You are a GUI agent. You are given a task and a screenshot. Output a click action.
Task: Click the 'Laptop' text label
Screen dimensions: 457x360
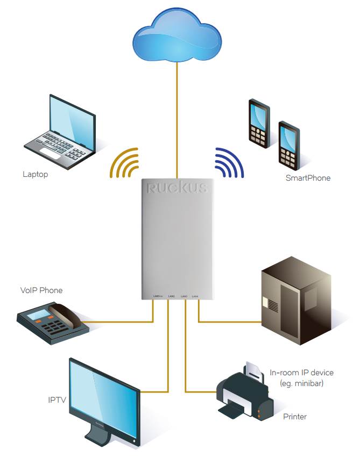point(36,174)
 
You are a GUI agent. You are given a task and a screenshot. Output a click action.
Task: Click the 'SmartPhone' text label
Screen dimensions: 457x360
point(308,178)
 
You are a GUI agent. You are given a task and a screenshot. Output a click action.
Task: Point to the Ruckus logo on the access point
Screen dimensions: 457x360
point(176,188)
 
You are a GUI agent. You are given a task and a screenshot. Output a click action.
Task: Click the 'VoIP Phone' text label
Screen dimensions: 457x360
point(41,290)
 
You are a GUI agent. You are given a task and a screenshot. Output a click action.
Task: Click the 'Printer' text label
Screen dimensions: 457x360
point(295,417)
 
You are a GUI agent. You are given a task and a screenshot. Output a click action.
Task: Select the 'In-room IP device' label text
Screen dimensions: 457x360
point(301,373)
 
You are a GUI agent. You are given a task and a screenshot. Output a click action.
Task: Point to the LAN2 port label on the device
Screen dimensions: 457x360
point(172,296)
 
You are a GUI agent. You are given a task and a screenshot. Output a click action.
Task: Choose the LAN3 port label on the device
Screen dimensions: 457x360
point(184,296)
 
